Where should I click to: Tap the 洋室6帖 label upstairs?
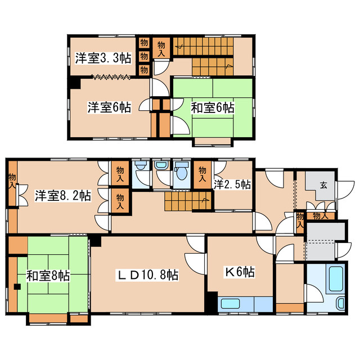click(x=109, y=107)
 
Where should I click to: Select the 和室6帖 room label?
click(x=212, y=107)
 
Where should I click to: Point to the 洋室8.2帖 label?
click(x=62, y=196)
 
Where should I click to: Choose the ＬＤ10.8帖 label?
click(x=147, y=275)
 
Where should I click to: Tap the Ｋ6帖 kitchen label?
click(x=240, y=272)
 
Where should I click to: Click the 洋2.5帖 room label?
click(x=232, y=184)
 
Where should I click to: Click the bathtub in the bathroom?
click(x=336, y=279)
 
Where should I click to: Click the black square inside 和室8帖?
click(x=17, y=287)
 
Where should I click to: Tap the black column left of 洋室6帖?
click(x=74, y=83)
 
